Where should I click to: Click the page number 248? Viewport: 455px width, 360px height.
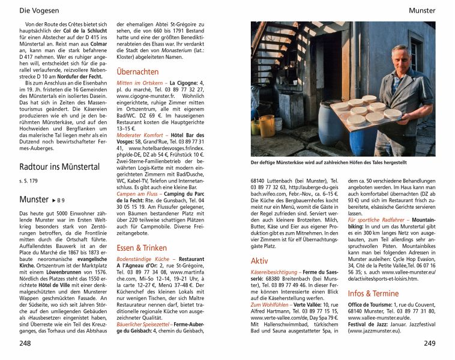[x=25, y=344]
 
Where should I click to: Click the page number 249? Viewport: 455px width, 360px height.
[x=429, y=344]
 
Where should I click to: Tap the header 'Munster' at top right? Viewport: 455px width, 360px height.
[x=421, y=10]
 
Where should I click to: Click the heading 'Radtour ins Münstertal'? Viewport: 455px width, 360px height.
[x=59, y=166]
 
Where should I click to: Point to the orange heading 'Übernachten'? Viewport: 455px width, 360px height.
[x=137, y=71]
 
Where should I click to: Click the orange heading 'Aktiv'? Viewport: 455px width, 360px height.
[x=259, y=261]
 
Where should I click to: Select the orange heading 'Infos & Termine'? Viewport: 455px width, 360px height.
[x=372, y=293]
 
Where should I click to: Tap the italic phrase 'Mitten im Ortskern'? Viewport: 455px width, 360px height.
[x=139, y=82]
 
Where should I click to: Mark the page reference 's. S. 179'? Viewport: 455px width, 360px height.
[x=29, y=181]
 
